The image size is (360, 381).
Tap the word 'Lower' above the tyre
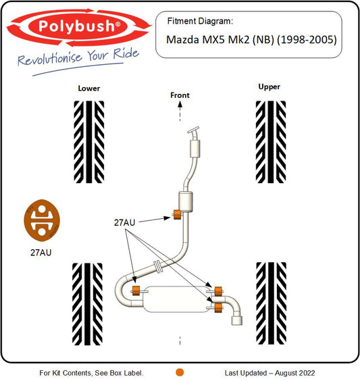click(x=89, y=88)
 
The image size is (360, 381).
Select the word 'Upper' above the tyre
click(x=269, y=87)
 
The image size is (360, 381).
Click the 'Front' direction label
click(x=180, y=95)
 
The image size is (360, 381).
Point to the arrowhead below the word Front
click(x=180, y=104)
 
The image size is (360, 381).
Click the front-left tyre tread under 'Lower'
click(x=89, y=142)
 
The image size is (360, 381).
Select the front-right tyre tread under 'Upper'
click(x=271, y=142)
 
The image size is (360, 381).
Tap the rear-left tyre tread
click(x=87, y=304)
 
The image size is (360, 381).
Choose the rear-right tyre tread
click(x=271, y=303)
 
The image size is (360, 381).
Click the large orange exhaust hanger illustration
click(x=42, y=220)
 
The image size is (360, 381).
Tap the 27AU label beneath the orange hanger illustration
click(x=41, y=253)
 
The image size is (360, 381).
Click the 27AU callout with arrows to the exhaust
click(x=124, y=222)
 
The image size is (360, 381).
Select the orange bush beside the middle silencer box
click(x=178, y=215)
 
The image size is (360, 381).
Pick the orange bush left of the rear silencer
click(x=136, y=290)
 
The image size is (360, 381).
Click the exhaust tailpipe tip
click(x=237, y=320)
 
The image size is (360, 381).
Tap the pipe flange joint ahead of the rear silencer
click(x=157, y=266)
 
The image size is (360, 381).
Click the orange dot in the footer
click(x=180, y=372)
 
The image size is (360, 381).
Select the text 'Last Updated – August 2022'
click(x=270, y=373)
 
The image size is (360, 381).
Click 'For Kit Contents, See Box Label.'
click(x=92, y=373)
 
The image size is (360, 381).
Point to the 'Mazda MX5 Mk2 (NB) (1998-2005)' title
click(x=251, y=40)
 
